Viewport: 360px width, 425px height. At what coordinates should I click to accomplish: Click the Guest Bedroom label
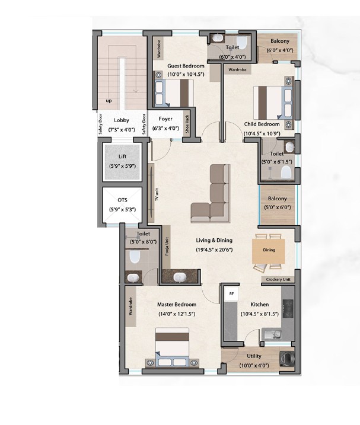point(186,66)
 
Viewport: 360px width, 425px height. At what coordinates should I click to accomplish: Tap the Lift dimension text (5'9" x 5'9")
point(122,166)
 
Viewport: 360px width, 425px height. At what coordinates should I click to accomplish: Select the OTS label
point(122,200)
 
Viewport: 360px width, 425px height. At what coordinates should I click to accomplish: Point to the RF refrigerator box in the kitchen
point(231,293)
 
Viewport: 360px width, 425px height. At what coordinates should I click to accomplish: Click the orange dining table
point(269,251)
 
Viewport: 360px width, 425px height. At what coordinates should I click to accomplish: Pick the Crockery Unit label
point(278,279)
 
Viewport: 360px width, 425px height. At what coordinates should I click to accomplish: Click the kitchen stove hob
point(288,309)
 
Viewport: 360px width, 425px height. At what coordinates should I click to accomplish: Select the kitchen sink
point(272,335)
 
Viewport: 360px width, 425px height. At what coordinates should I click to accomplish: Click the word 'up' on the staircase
point(109,101)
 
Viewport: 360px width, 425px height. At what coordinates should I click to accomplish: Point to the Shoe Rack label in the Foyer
point(187,124)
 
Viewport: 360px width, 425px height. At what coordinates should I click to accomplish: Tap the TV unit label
point(157,194)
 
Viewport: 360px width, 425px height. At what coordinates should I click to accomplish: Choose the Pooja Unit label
point(167,247)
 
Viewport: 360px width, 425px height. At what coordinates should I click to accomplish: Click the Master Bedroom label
point(177,305)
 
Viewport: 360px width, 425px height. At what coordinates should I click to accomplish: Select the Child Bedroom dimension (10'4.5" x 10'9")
point(262,133)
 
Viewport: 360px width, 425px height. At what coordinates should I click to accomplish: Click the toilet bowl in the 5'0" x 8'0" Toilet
point(134,257)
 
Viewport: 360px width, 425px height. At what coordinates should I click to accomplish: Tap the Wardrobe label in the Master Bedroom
point(130,306)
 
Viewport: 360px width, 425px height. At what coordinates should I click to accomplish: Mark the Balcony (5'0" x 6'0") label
point(277,199)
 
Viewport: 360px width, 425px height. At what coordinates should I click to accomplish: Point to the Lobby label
point(121,120)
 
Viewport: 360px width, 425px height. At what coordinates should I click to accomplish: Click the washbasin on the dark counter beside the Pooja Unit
point(179,277)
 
